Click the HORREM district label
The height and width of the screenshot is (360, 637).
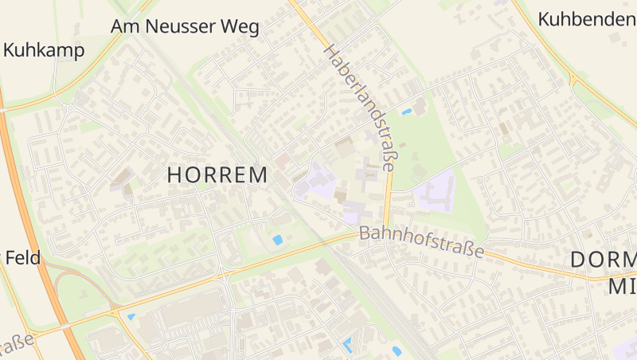pos(217,175)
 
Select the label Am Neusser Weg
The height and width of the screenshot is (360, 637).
pos(185,27)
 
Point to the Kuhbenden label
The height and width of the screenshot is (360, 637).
pos(586,18)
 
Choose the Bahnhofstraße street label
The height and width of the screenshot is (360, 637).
pos(421,242)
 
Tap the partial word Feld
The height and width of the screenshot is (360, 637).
pos(22,257)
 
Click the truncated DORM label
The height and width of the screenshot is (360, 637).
pos(604,260)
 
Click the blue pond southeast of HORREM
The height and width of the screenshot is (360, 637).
pos(277,239)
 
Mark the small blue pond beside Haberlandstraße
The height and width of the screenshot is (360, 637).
pos(407,112)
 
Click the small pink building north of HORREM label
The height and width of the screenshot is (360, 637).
pos(283,160)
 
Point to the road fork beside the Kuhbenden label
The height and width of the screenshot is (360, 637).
pos(573,80)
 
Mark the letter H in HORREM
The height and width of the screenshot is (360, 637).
pos(176,175)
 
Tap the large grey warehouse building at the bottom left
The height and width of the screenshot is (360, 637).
pos(191,307)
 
